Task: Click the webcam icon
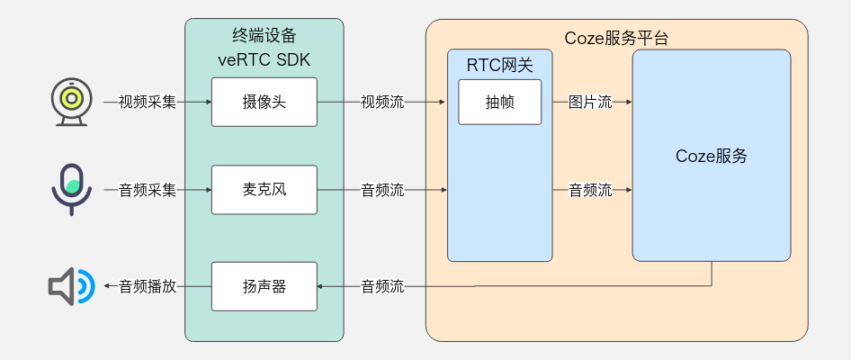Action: coord(70,102)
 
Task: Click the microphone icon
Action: coord(70,189)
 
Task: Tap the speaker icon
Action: coord(70,286)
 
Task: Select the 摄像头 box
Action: coord(264,102)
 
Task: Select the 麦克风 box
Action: coord(264,190)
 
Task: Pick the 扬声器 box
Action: coord(264,286)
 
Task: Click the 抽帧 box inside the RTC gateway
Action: coord(500,102)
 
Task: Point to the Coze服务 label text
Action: coord(712,156)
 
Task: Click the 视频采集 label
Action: coord(148,102)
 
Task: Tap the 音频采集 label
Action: coord(148,190)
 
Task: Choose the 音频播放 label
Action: coord(148,286)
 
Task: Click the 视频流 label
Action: coord(382,102)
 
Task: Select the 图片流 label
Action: coord(590,102)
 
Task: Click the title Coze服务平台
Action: coord(616,39)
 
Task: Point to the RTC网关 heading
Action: coord(499,65)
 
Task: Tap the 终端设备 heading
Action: coord(264,37)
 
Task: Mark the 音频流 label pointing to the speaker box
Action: coord(382,286)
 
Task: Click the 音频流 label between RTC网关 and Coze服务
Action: coord(590,190)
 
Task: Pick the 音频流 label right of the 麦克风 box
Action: coord(382,190)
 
